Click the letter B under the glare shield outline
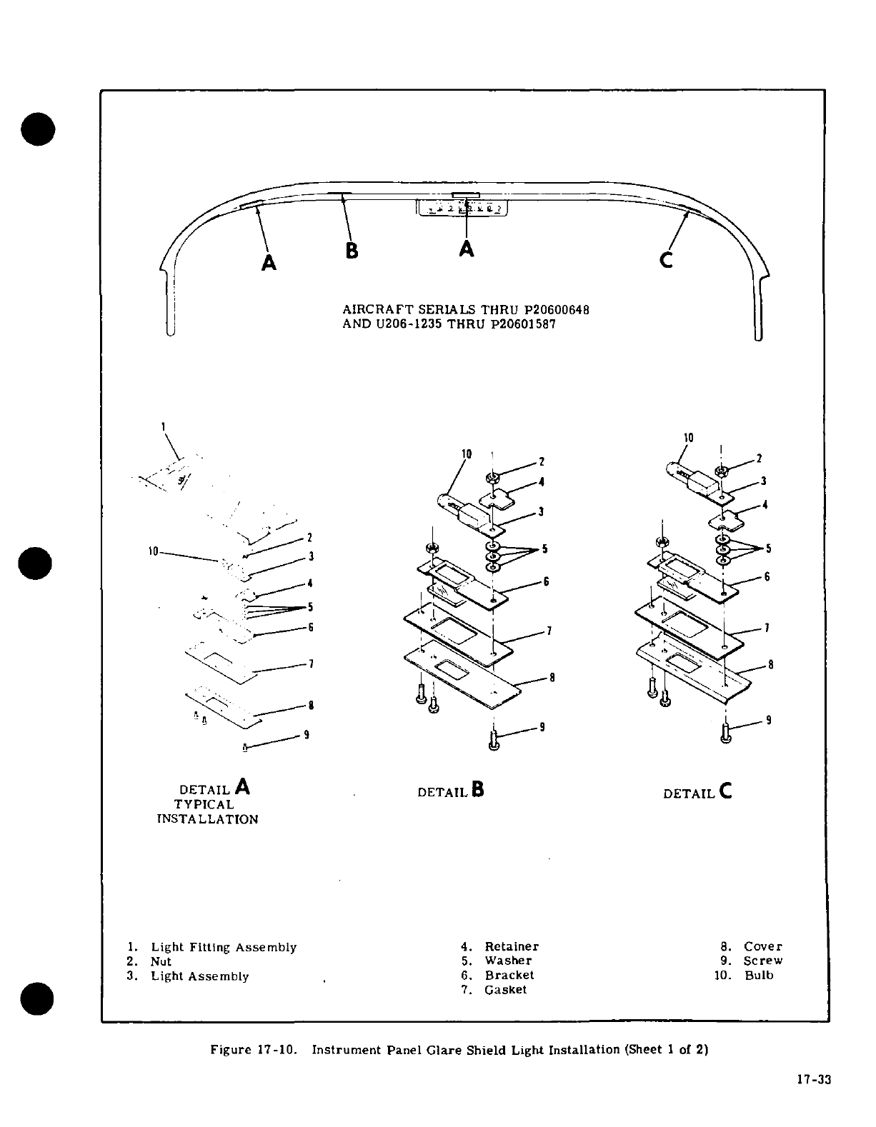[352, 251]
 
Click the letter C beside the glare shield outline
[666, 261]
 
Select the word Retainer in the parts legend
[512, 947]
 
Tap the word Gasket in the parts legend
[505, 990]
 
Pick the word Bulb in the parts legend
[759, 976]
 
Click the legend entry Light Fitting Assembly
[223, 948]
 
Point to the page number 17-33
[814, 1080]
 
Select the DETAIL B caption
[451, 791]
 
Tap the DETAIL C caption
[697, 792]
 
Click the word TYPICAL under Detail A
[204, 805]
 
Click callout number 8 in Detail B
[552, 678]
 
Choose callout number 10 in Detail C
[688, 437]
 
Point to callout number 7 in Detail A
[311, 663]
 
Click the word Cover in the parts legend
[762, 947]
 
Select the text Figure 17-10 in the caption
[253, 1050]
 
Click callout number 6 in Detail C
[767, 577]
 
